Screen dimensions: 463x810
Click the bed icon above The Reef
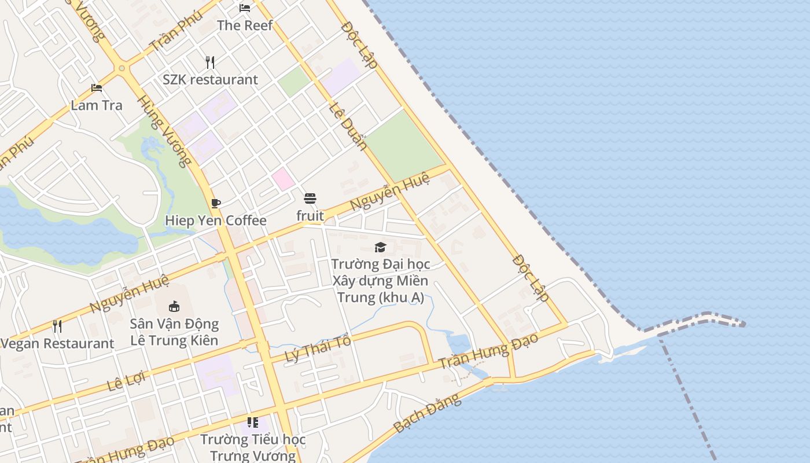[245, 8]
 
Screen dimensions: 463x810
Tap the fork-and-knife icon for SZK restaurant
[210, 62]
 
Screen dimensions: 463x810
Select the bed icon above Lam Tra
[97, 88]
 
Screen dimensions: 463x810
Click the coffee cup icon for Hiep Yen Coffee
[216, 203]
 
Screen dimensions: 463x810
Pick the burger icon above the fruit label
[310, 199]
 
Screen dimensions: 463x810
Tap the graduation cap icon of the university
[380, 247]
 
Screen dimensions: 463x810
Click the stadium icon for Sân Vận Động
[174, 306]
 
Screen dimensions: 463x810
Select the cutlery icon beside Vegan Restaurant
[57, 326]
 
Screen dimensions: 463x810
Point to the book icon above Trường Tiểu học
[252, 422]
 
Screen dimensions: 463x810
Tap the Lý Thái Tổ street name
[318, 349]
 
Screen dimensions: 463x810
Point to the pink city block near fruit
[283, 179]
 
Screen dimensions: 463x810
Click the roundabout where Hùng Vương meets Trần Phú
[122, 68]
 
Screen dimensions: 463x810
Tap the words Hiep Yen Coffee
[216, 221]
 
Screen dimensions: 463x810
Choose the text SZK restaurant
[210, 79]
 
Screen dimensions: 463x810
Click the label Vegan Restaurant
[57, 343]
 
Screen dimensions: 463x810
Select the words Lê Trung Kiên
[174, 340]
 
